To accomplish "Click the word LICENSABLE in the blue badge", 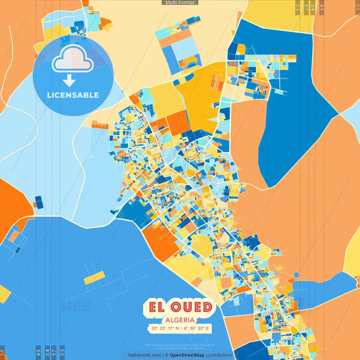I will pos(72,95).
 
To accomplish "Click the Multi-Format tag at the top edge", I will pos(180,3).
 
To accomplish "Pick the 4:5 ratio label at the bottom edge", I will pos(38,352).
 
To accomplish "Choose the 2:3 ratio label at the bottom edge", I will pos(62,352).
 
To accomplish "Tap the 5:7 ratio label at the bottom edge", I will pos(54,352).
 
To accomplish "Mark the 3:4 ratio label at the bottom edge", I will pos(46,352).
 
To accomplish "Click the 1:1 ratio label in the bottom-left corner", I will pos(2,353).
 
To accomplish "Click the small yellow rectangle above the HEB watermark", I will pos(94,277).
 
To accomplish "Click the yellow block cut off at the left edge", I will pos(4,294).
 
